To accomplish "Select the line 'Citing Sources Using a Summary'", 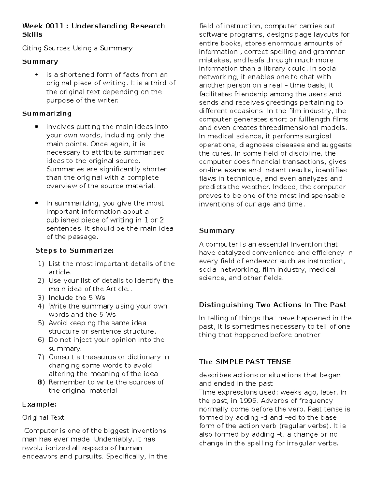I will [x=77, y=48].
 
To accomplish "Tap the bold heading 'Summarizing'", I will [x=47, y=113].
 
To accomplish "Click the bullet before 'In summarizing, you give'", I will [x=37, y=203].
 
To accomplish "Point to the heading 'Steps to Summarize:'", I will [x=75, y=250].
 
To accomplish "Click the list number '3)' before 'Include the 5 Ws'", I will [x=41, y=298].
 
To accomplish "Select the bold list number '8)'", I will [x=41, y=382].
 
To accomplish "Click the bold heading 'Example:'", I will [x=39, y=404].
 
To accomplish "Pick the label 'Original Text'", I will [x=43, y=417].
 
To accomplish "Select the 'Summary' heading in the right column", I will [x=217, y=231].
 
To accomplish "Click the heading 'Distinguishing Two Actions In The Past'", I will [x=272, y=305].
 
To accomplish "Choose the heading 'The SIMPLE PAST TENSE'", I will [x=245, y=362].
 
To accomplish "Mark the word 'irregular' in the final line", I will [x=303, y=443].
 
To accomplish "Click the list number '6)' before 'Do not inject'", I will [x=41, y=340].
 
